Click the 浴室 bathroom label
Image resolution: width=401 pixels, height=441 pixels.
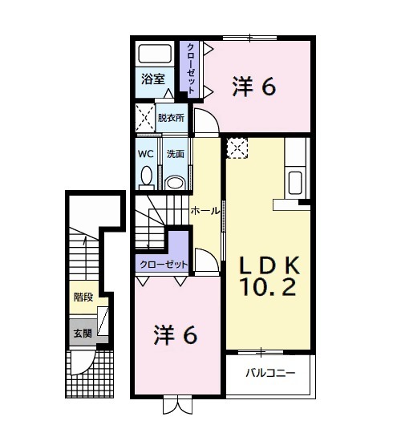(x=153, y=79)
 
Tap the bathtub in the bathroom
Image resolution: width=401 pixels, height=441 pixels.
(x=153, y=54)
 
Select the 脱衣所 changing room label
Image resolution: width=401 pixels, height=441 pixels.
(x=170, y=116)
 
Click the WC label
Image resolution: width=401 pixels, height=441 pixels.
(x=146, y=153)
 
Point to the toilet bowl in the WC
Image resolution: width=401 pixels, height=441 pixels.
(x=146, y=175)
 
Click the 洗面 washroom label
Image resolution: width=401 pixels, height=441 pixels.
(x=175, y=153)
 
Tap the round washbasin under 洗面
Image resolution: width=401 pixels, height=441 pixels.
(x=175, y=182)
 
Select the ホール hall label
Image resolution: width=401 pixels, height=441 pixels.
(x=205, y=210)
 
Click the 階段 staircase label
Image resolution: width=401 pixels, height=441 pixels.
(x=83, y=297)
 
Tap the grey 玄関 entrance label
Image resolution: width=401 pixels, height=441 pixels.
(x=83, y=333)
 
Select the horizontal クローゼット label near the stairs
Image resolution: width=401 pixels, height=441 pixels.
(x=163, y=264)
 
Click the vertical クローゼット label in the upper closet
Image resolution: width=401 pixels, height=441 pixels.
(x=191, y=67)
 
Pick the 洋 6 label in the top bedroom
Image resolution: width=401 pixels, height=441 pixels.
(x=255, y=85)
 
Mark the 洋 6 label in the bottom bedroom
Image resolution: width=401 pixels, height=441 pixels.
(x=176, y=335)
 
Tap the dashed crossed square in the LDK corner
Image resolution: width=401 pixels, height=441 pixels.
(x=237, y=148)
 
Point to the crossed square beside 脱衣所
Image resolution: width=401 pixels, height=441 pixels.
(x=144, y=117)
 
